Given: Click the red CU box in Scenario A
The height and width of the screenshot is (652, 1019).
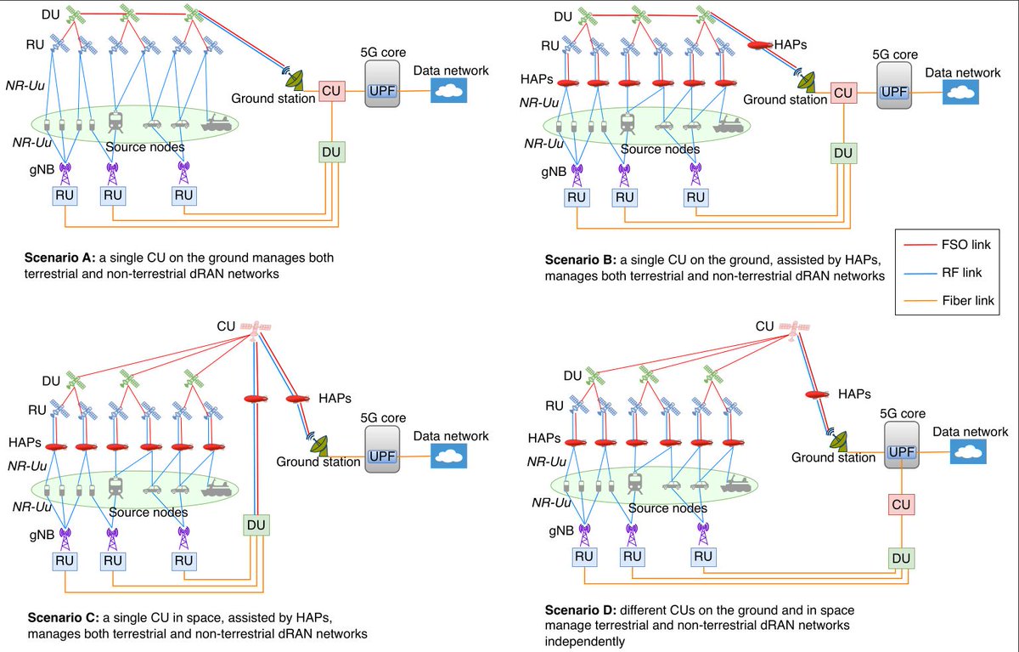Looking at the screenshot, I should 329,92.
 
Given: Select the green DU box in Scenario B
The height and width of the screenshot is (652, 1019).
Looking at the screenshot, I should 844,153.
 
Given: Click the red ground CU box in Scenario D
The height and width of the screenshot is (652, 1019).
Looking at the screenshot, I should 902,506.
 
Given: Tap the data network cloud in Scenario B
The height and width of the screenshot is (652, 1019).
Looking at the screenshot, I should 960,92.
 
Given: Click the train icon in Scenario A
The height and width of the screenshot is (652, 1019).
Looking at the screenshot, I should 115,122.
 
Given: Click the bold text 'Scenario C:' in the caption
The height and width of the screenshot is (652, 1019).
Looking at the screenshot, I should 61,618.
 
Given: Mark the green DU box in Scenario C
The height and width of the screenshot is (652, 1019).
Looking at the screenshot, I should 256,525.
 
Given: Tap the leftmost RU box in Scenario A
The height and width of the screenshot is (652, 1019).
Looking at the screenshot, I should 65,195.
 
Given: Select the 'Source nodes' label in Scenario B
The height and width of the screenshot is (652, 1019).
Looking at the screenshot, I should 660,149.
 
